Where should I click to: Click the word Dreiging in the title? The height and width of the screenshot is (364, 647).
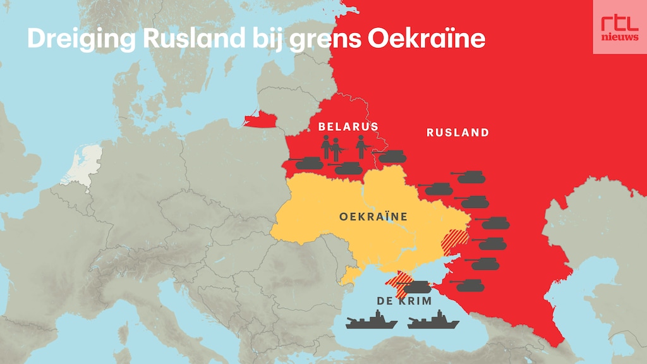click(x=82, y=39)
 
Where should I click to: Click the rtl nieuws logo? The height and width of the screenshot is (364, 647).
click(x=619, y=27)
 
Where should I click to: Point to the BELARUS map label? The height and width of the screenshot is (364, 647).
click(x=348, y=126)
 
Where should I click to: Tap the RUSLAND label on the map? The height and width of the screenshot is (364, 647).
click(x=457, y=133)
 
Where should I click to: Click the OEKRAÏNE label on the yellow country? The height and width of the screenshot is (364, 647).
click(x=373, y=217)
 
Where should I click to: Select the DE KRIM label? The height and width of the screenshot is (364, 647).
click(x=404, y=301)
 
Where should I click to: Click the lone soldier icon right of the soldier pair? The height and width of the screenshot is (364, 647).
click(x=361, y=147)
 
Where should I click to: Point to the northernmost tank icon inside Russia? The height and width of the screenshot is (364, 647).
click(x=471, y=176)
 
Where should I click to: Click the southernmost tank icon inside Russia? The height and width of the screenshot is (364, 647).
click(x=470, y=285)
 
